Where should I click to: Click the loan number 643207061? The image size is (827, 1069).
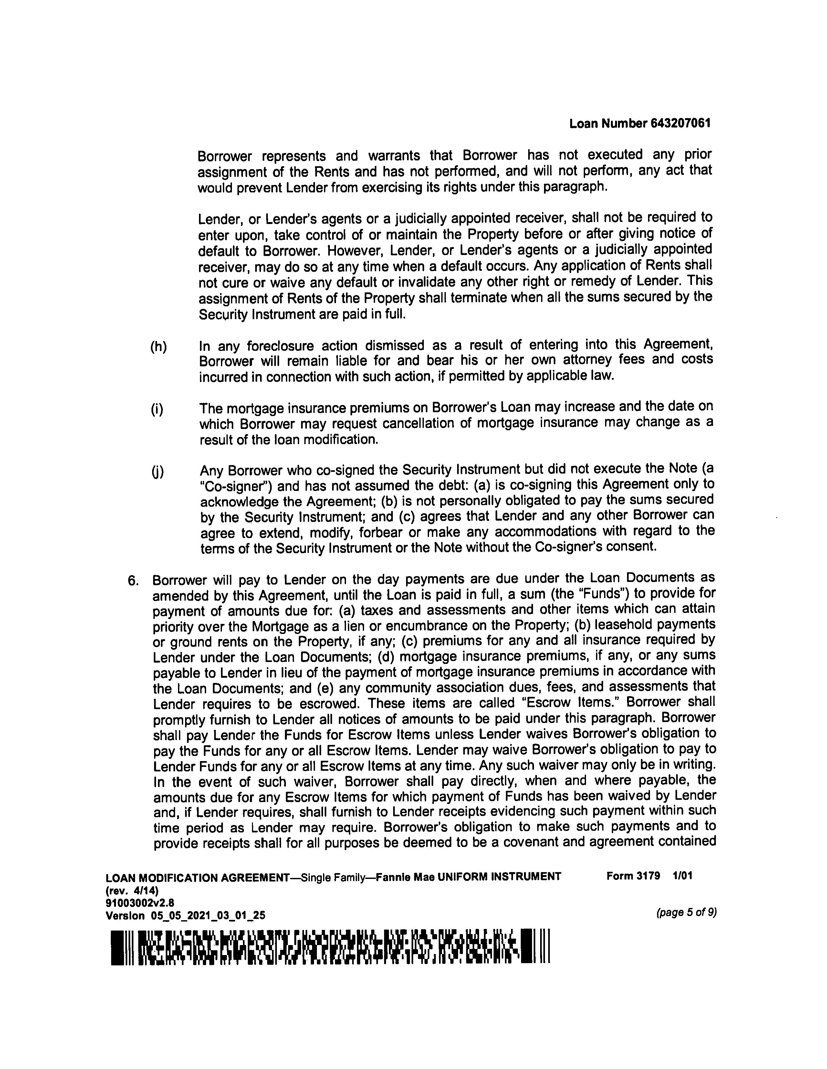681,123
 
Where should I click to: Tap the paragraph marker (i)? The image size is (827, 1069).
157,409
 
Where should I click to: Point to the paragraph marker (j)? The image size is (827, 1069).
157,472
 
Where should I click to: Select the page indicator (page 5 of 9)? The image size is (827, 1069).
686,912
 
